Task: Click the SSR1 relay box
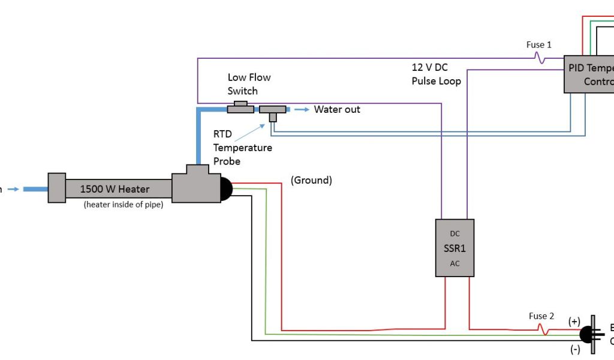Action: point(455,248)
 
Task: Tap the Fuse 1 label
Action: point(539,45)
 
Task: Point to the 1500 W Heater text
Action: point(115,189)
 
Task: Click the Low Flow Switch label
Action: point(249,84)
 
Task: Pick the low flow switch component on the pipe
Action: point(240,107)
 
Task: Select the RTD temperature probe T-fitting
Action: point(273,111)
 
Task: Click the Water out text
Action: point(337,109)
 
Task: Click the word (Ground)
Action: point(311,180)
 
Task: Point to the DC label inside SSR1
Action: point(455,233)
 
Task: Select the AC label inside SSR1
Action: point(455,263)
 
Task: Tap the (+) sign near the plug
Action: point(574,321)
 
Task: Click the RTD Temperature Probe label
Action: point(242,148)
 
